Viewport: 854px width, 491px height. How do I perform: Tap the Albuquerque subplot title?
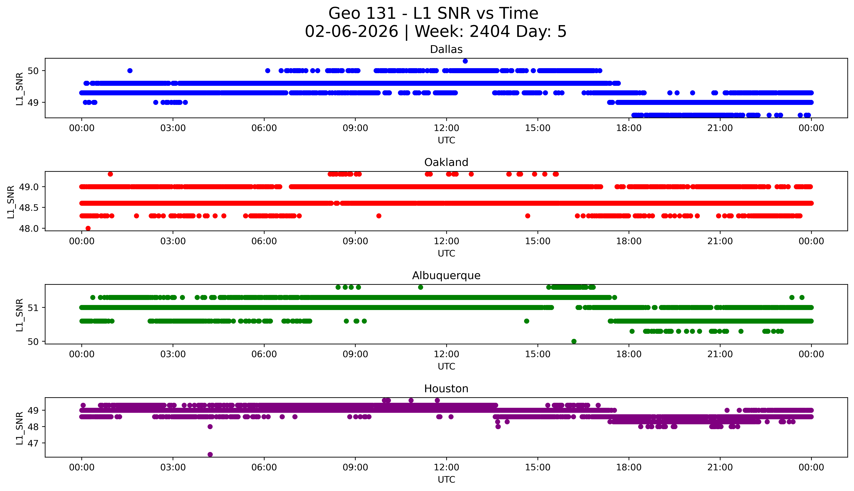[x=446, y=276]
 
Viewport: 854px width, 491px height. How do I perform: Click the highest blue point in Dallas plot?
[x=465, y=61]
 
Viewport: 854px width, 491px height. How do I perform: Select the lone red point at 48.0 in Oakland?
[x=88, y=228]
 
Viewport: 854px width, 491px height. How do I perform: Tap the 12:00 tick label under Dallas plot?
[x=446, y=128]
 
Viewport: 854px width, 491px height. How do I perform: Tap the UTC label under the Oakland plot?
[x=446, y=253]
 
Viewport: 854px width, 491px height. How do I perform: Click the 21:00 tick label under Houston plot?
[x=720, y=467]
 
